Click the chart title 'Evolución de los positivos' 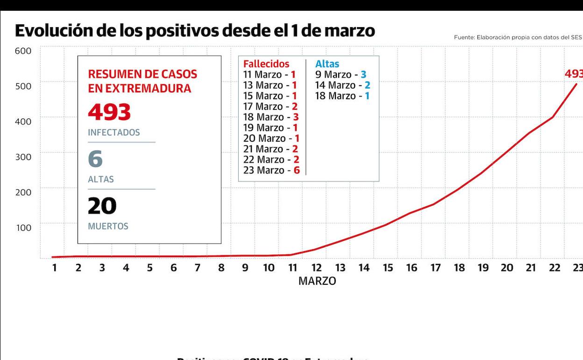pos(195,30)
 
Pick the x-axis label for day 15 pos(388,268)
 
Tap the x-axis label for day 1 pos(54,268)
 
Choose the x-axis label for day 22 pos(555,268)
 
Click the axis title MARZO pos(317,281)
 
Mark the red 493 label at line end pos(574,74)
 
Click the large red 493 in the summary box pos(109,112)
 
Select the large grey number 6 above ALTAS pos(95,159)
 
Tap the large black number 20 pos(102,206)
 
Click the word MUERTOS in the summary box pos(108,226)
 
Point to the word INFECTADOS pos(114,133)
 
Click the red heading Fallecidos pos(266,64)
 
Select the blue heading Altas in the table pos(327,64)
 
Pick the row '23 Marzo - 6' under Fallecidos pos(271,170)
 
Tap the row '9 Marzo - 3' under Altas pos(341,75)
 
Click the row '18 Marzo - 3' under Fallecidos pos(271,117)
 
